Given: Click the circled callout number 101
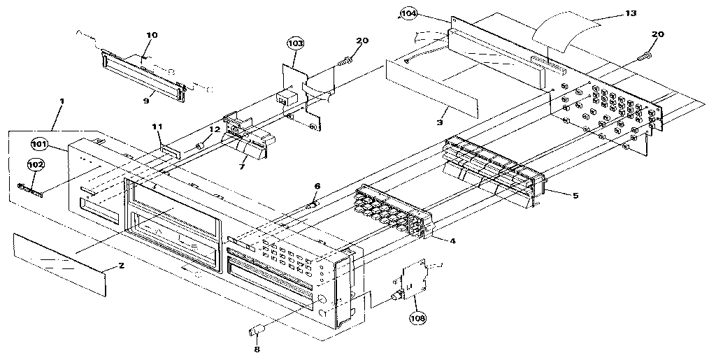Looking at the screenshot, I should [x=39, y=144].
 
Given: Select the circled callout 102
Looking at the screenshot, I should [x=36, y=165].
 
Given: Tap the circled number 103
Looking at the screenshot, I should [x=296, y=43].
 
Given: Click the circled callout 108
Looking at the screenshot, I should [x=418, y=317].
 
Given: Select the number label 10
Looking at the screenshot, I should [x=152, y=34].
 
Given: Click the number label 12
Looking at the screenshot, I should [x=215, y=129].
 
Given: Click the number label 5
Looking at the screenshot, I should [x=575, y=195].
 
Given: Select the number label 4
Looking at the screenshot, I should [x=452, y=241].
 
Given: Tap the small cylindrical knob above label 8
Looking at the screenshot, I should [x=255, y=331].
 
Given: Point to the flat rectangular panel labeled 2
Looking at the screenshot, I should [x=59, y=263].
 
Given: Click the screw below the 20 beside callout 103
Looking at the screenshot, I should [x=345, y=64].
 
